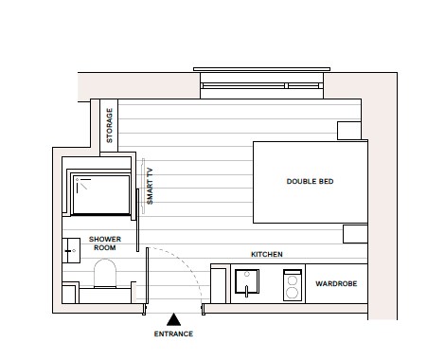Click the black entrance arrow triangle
tap(173, 319)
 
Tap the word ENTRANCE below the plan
tap(173, 334)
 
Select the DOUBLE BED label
tap(310, 181)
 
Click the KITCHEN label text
tap(266, 255)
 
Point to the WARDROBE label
tap(334, 283)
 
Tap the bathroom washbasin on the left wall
tap(71, 247)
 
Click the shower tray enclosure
tap(100, 193)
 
